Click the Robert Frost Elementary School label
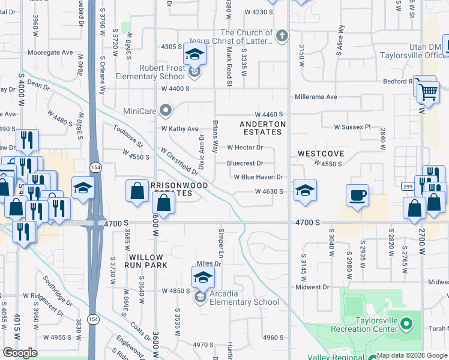tap(155, 72)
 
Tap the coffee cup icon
tap(358, 196)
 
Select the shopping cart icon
tap(429, 91)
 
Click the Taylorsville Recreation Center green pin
tap(407, 325)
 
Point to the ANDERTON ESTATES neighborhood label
tap(262, 128)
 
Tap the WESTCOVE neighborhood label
tap(321, 154)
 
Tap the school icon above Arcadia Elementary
tap(203, 278)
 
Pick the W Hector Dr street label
tap(245, 147)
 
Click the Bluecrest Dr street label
tap(245, 163)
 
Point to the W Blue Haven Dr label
tap(258, 177)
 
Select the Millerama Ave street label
tap(316, 97)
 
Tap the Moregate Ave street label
tap(47, 52)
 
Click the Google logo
tap(20, 353)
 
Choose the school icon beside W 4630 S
tap(305, 191)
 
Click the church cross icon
tap(282, 37)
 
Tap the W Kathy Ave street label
tap(179, 129)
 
